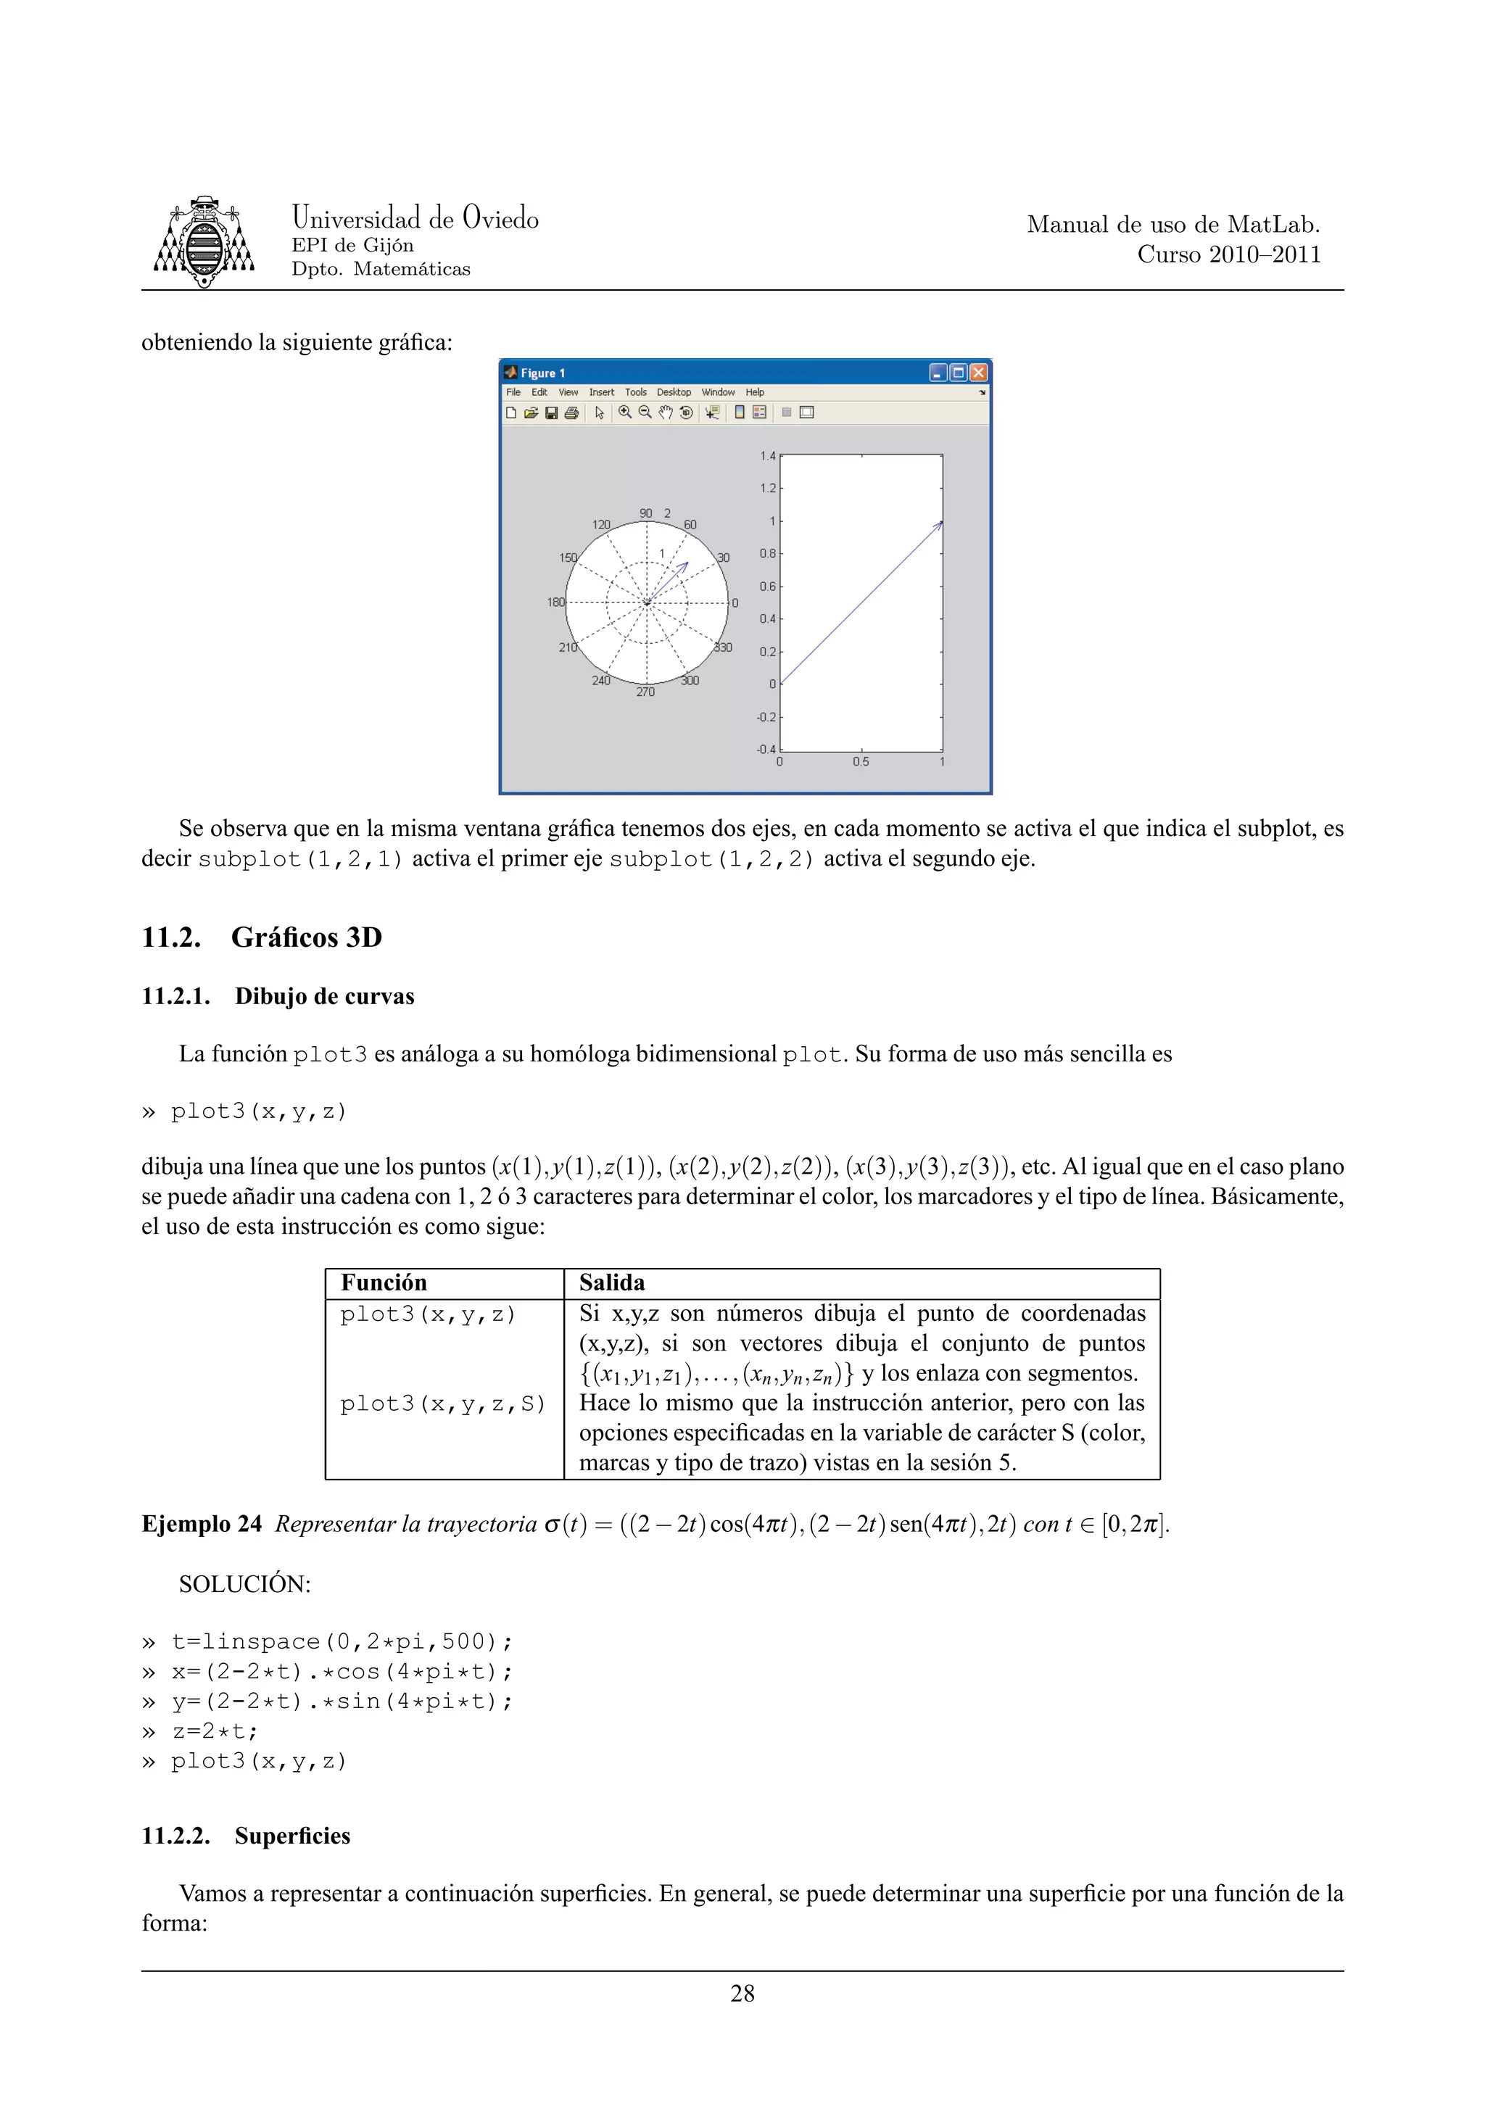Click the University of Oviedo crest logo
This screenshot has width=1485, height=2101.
(203, 241)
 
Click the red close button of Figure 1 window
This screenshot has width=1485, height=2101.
(978, 373)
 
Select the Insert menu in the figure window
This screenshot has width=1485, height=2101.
(601, 392)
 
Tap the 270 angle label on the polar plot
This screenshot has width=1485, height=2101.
(646, 692)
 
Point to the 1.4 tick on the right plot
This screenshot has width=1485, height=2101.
(766, 456)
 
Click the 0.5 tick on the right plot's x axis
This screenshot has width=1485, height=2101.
(860, 761)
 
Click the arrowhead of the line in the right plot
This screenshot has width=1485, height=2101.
(939, 524)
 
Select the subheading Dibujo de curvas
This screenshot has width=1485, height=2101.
(324, 997)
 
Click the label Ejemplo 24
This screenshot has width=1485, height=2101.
(202, 1525)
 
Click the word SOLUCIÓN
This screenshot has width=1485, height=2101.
(244, 1584)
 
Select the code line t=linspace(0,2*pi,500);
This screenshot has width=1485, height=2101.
(342, 1641)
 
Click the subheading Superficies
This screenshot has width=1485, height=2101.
(292, 1836)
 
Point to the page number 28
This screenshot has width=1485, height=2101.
(742, 1994)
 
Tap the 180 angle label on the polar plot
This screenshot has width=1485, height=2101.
(555, 602)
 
